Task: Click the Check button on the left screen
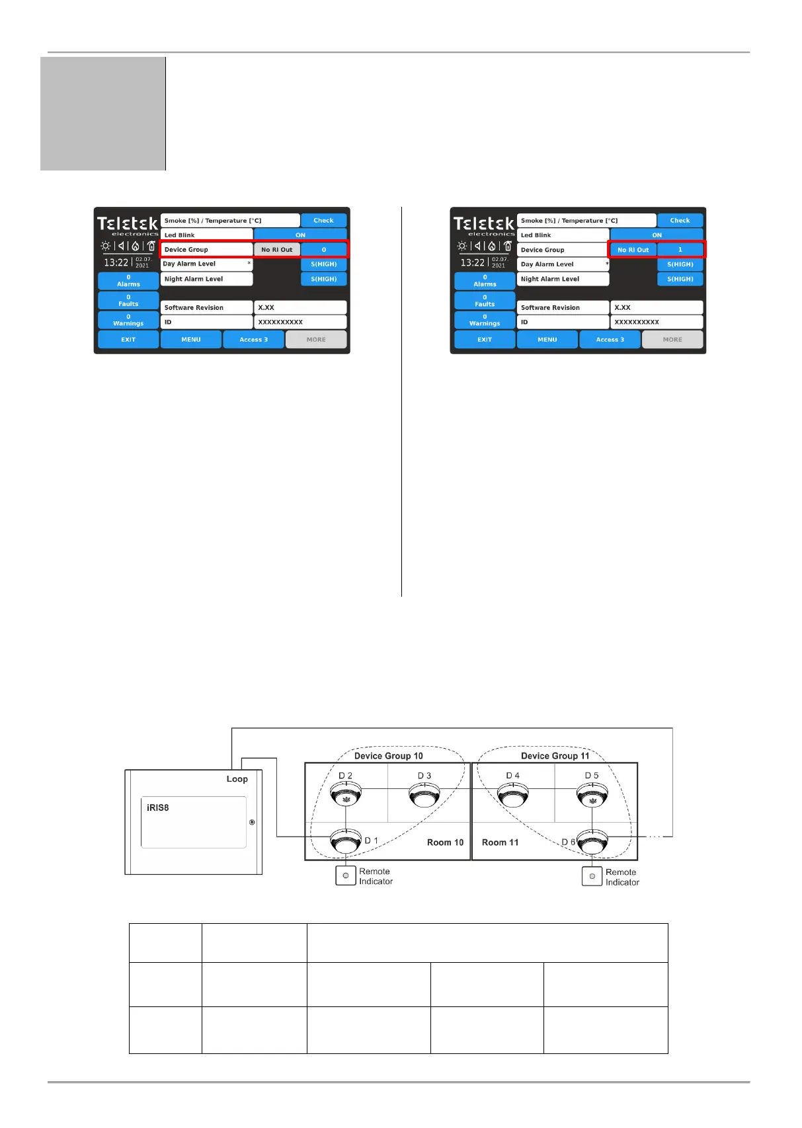(323, 220)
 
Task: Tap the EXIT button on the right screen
(485, 340)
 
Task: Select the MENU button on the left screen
(191, 340)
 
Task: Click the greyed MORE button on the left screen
(316, 340)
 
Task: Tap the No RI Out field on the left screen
(277, 250)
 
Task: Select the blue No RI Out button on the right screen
(633, 250)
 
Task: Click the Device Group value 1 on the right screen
(680, 250)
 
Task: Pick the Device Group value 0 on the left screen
(324, 250)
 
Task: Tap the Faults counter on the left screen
(128, 301)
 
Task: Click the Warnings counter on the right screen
(485, 320)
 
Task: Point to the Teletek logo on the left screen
(128, 225)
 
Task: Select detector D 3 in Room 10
(424, 795)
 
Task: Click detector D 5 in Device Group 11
(592, 796)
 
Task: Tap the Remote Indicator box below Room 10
(346, 876)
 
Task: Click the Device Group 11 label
(555, 756)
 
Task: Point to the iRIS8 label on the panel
(158, 808)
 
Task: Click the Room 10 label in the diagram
(445, 843)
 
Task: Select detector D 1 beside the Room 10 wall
(346, 841)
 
